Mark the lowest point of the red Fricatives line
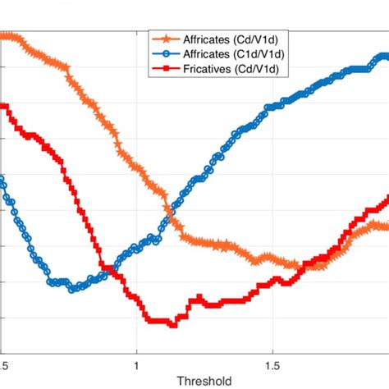tap(173, 325)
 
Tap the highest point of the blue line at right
tap(382, 57)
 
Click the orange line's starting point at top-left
tap(3, 35)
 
